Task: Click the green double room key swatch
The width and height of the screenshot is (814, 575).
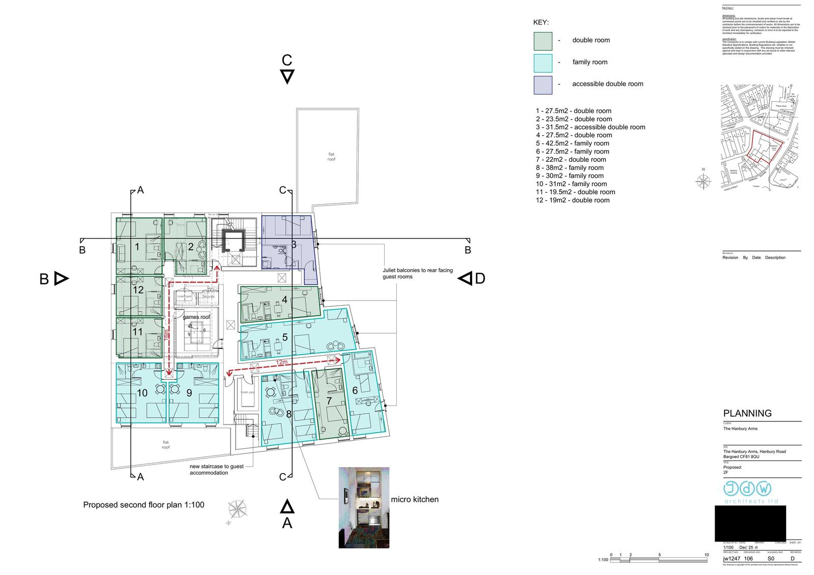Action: pos(543,41)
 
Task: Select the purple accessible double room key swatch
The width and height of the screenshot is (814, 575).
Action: pos(543,85)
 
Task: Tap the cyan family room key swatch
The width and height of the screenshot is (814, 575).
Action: pos(543,63)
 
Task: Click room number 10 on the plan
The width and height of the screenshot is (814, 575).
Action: pos(142,393)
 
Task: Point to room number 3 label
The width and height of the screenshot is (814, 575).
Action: pos(294,245)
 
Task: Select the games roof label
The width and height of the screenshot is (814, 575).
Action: pos(196,317)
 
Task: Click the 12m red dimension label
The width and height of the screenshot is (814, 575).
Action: pos(282,362)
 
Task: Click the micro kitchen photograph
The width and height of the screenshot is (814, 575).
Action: pos(364,507)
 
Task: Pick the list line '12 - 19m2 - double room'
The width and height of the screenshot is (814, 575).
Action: pos(572,200)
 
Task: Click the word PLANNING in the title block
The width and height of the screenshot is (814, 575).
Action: pos(747,413)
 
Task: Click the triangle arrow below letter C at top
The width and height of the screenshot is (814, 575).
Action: pos(287,77)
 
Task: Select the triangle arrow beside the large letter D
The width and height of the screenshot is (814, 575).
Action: pos(464,278)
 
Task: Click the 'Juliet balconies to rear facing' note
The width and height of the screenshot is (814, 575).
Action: pos(417,271)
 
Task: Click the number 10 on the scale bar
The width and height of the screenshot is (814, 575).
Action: pos(706,555)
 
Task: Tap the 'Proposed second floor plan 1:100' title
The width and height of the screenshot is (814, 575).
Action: pos(143,505)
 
